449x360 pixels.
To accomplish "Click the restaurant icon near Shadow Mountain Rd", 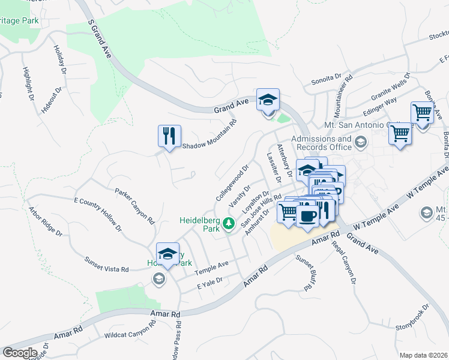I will pyautogui.click(x=169, y=135).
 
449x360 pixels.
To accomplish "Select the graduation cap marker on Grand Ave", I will pyautogui.click(x=268, y=100).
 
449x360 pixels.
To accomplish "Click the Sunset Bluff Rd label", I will pyautogui.click(x=306, y=272).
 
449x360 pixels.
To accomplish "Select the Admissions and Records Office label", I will pyautogui.click(x=321, y=143).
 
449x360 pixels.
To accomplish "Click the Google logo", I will pyautogui.click(x=20, y=353).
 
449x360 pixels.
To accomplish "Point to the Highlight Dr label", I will pyautogui.click(x=29, y=83).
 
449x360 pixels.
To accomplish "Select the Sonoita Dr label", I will pyautogui.click(x=327, y=80).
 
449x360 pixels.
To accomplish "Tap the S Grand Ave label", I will pyautogui.click(x=100, y=35).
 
